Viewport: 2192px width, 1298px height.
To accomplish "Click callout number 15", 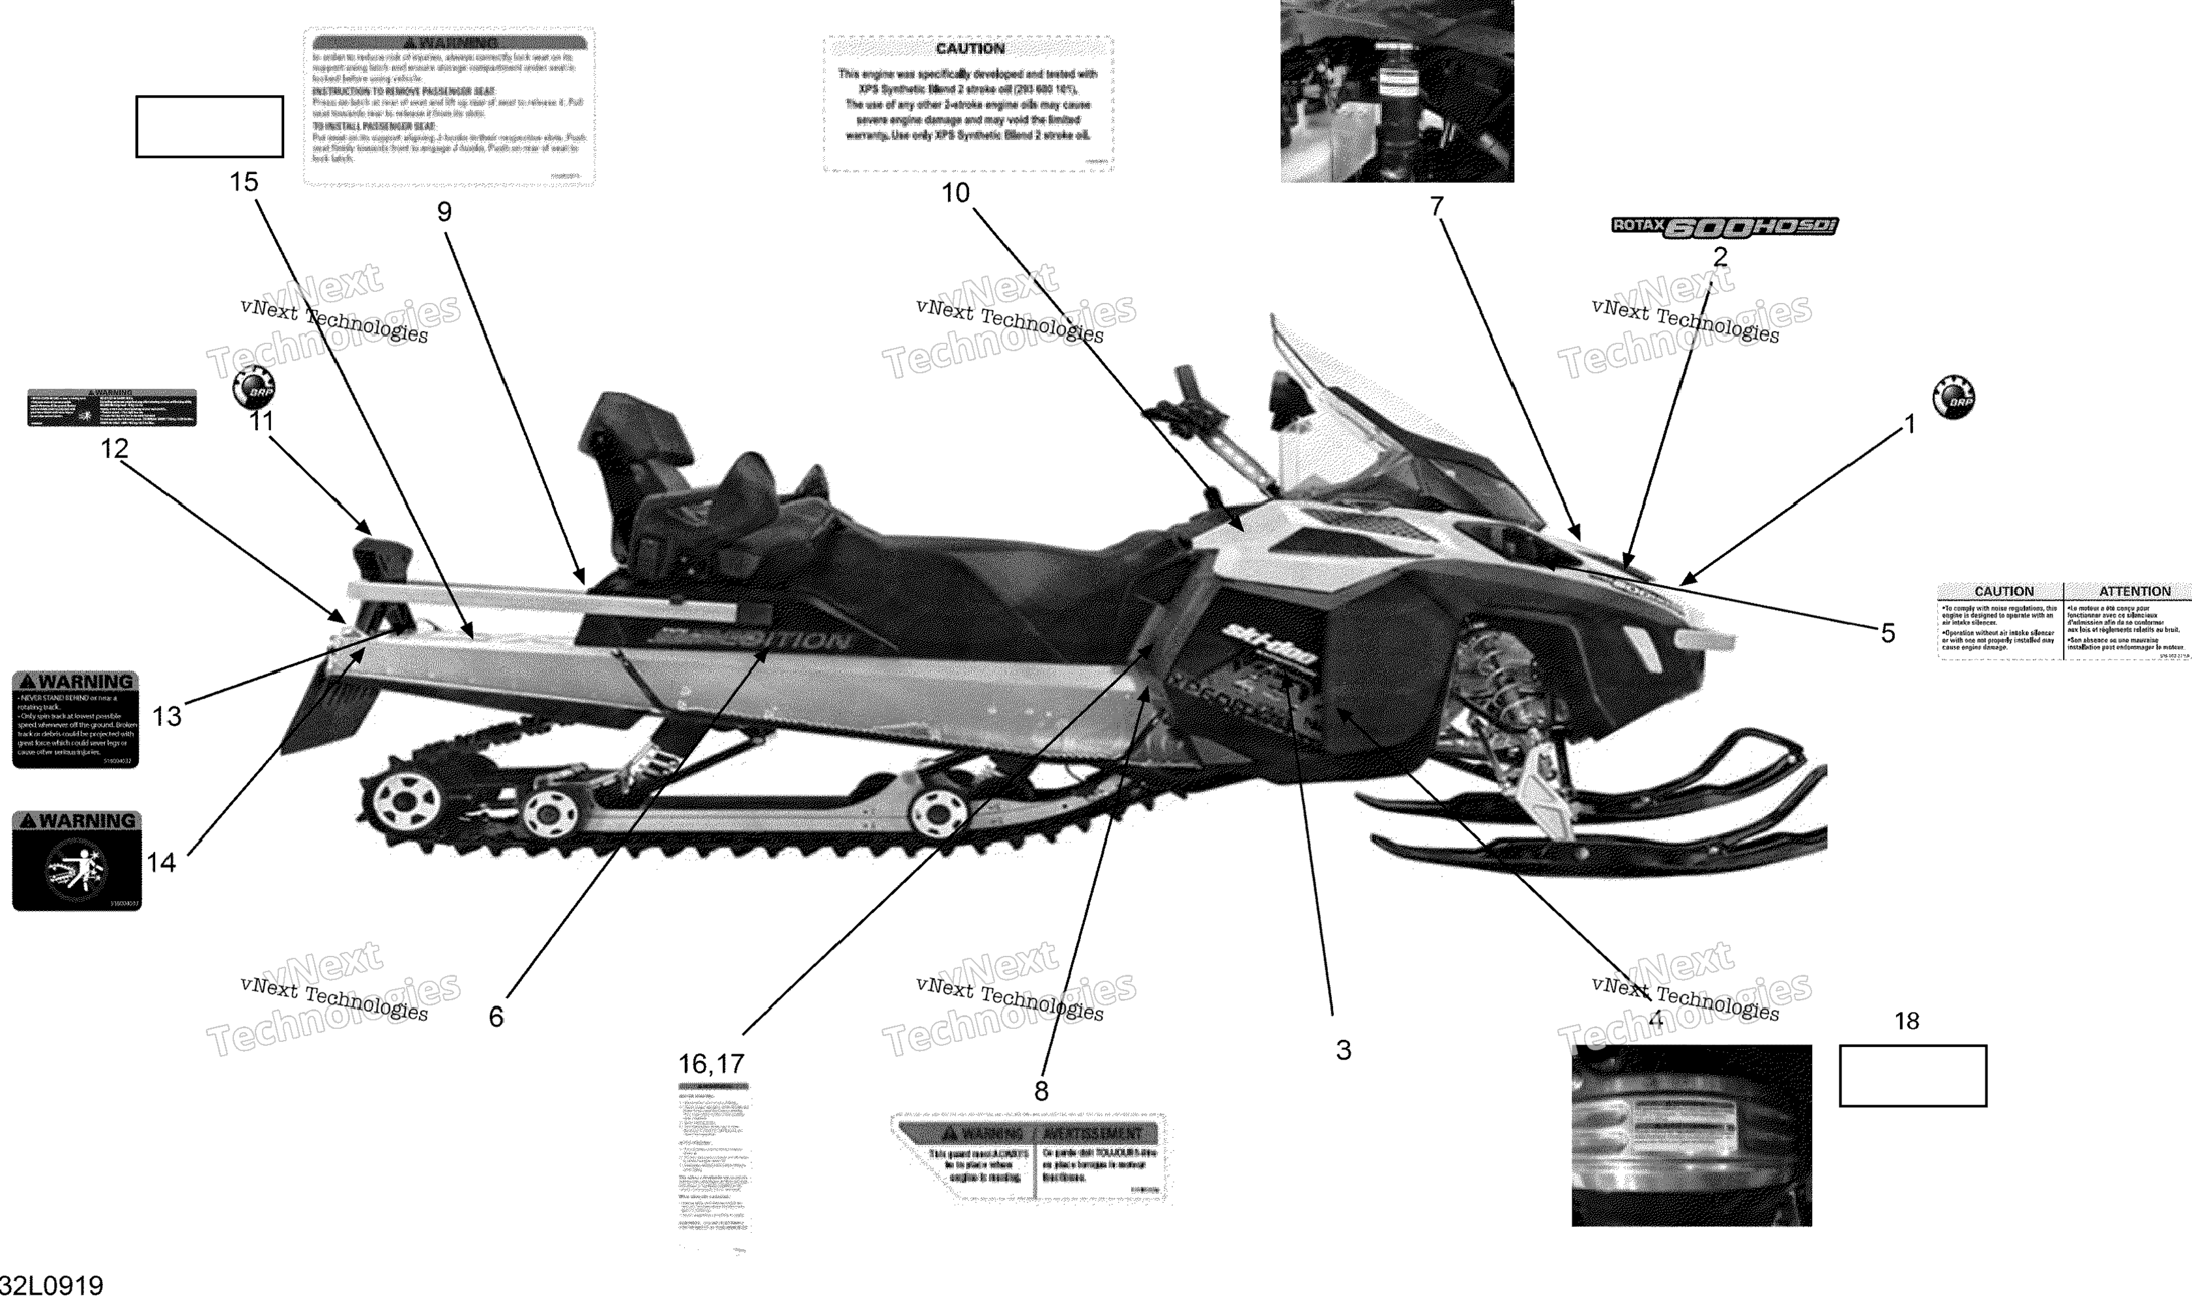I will [244, 182].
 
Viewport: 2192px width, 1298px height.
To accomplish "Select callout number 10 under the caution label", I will [955, 194].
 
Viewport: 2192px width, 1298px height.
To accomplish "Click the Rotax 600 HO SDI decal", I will [1724, 227].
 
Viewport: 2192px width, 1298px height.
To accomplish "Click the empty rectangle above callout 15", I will [209, 127].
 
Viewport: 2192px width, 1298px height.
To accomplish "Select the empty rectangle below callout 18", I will [1912, 1075].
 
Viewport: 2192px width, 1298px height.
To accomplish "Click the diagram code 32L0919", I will [53, 1284].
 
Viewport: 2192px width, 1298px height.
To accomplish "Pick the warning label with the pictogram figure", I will [77, 861].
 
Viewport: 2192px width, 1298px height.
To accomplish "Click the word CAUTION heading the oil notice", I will [969, 49].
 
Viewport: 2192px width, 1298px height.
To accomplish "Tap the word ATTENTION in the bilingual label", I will [2134, 591].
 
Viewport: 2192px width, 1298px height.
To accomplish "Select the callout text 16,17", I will [711, 1063].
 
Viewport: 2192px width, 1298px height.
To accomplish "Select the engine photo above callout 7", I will [1397, 91].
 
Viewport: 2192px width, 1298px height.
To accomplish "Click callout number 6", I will [496, 1017].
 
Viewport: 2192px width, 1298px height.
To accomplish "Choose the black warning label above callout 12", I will [112, 408].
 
